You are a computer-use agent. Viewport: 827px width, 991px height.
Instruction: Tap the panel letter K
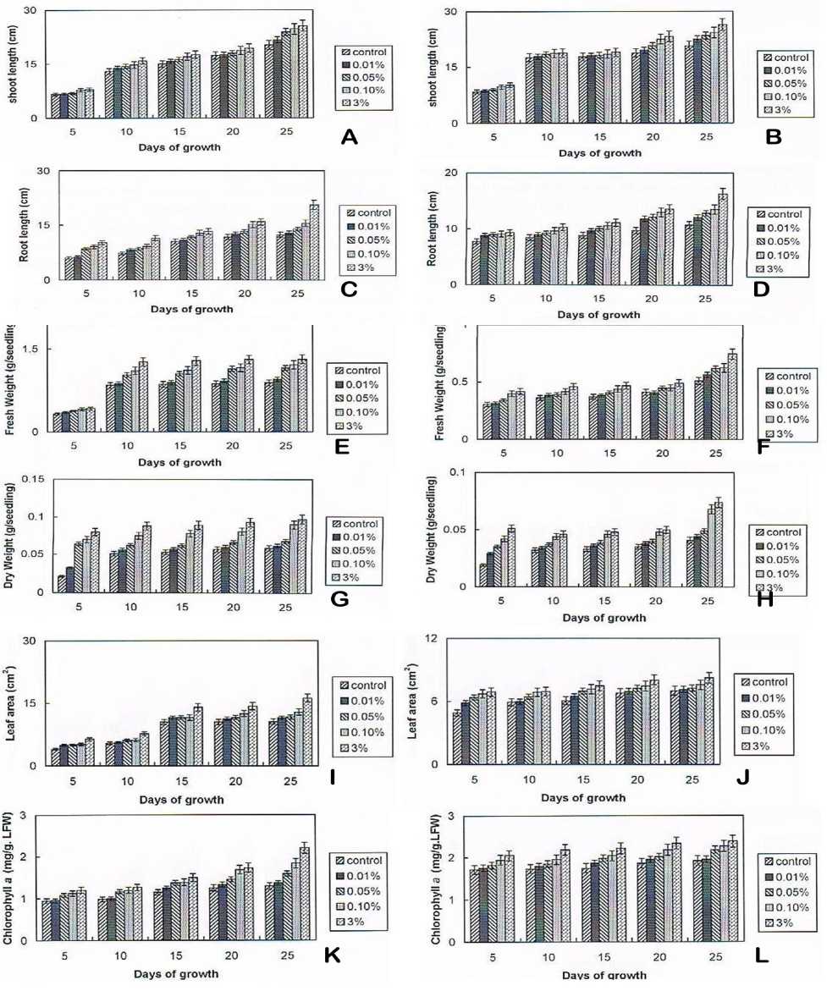[x=331, y=955]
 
